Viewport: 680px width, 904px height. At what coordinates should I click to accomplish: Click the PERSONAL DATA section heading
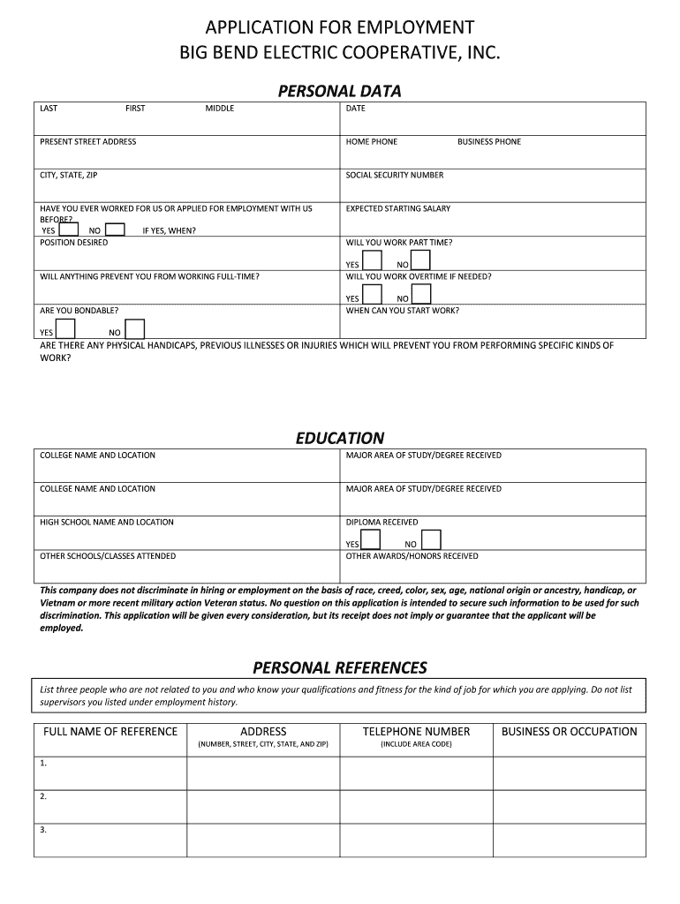(339, 91)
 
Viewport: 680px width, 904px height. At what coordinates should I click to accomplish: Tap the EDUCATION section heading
(339, 438)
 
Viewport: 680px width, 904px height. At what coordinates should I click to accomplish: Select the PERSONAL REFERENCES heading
(339, 667)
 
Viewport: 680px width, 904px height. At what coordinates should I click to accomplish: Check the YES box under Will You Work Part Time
(373, 260)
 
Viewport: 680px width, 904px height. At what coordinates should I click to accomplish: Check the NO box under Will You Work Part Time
(420, 260)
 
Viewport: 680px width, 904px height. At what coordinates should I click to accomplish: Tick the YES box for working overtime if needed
(373, 294)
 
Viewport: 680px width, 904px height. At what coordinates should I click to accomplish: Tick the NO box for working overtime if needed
(420, 294)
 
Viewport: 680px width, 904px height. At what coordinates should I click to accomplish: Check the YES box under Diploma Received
(372, 540)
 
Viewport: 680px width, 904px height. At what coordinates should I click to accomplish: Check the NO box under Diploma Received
(431, 540)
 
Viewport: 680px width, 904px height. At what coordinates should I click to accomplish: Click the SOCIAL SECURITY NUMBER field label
(395, 176)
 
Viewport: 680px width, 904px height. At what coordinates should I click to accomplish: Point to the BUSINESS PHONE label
(489, 142)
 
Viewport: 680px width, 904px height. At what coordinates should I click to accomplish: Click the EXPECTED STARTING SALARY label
(398, 209)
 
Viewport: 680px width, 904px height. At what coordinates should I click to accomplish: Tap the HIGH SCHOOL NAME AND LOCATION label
(107, 523)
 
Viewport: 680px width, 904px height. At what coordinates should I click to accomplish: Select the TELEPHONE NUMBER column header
(416, 732)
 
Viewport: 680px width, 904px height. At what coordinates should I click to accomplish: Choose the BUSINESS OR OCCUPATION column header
(569, 732)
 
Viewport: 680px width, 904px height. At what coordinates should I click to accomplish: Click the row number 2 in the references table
(43, 796)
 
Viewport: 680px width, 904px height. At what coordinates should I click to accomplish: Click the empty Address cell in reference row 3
(263, 840)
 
